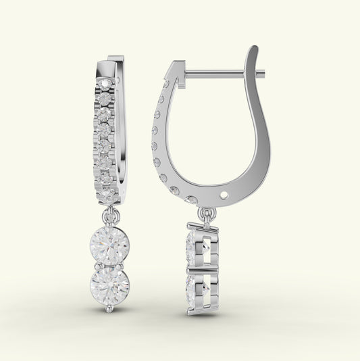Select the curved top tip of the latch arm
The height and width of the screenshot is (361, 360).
253,51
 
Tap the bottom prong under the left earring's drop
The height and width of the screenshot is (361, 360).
110,308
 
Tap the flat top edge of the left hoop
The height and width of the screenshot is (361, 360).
115,59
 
